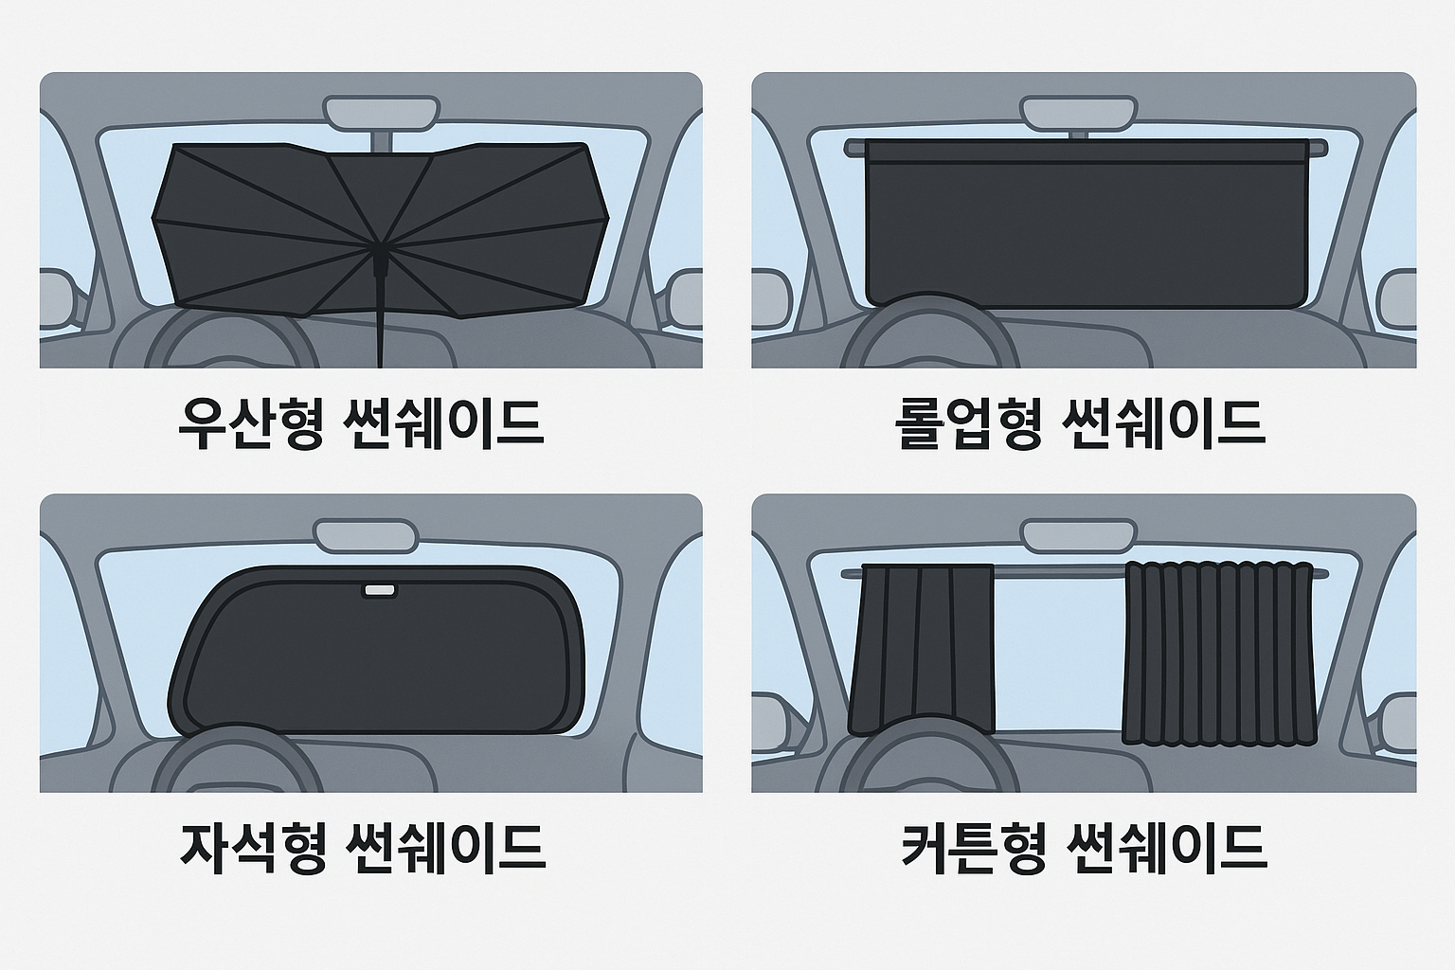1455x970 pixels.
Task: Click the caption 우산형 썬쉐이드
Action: pyautogui.click(x=361, y=422)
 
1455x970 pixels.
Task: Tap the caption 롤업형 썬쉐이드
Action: pyautogui.click(x=1079, y=422)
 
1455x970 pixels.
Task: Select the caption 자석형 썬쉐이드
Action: pyautogui.click(x=363, y=846)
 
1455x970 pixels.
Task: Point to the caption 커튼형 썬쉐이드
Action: pyautogui.click(x=1084, y=846)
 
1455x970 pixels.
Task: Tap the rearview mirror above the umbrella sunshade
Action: pyautogui.click(x=381, y=111)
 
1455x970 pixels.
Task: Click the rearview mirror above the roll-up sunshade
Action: pyautogui.click(x=1079, y=112)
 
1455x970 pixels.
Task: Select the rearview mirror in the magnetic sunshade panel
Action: pyautogui.click(x=366, y=534)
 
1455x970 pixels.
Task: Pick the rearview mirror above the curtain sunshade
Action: pyautogui.click(x=1078, y=534)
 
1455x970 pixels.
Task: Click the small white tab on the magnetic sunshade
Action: pyautogui.click(x=380, y=591)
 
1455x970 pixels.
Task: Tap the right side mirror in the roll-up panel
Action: pyautogui.click(x=1398, y=298)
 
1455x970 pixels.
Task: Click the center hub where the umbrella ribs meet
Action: pyautogui.click(x=379, y=249)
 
